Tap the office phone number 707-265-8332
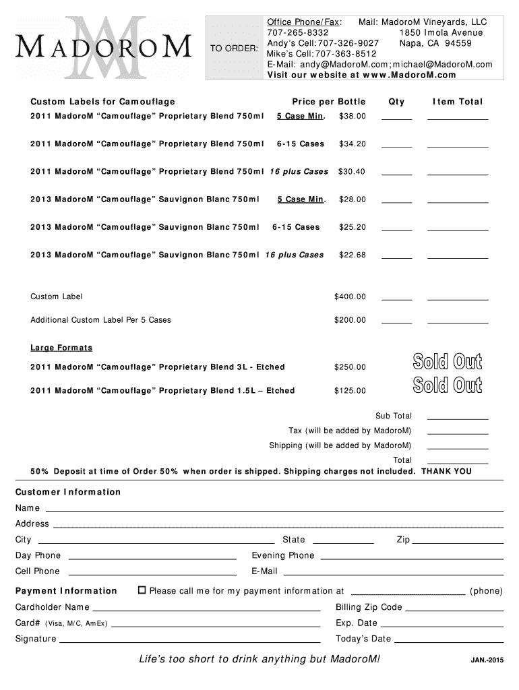(x=298, y=32)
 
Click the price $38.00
(x=353, y=116)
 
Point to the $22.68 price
(x=353, y=255)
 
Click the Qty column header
(x=396, y=102)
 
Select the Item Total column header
(x=458, y=102)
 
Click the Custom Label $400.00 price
(x=350, y=296)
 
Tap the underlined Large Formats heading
(x=61, y=348)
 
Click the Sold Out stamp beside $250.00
(x=448, y=362)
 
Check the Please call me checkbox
(x=142, y=590)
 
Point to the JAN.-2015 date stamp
(x=487, y=660)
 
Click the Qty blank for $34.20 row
(x=396, y=146)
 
